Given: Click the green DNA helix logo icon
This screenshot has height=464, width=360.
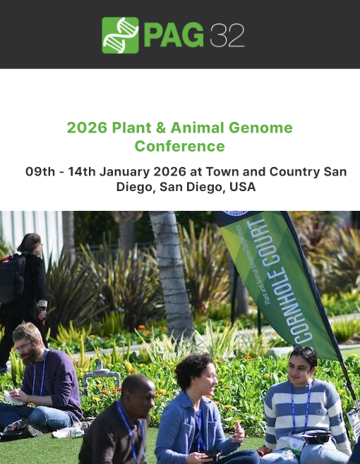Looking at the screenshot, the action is click(x=120, y=35).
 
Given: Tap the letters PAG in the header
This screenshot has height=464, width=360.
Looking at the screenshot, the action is click(x=174, y=35).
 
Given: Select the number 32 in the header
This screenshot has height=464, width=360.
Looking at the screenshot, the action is click(x=227, y=35).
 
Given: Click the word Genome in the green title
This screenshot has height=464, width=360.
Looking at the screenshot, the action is click(x=260, y=128).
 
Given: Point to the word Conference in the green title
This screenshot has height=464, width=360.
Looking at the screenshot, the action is click(x=180, y=146).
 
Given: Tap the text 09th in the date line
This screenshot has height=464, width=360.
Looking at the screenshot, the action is click(x=40, y=171).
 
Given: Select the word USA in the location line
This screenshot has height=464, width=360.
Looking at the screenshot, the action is click(x=243, y=187).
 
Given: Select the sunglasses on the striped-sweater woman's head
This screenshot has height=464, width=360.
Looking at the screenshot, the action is click(x=305, y=350).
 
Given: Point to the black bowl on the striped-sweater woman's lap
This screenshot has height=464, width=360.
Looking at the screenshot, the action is click(x=316, y=436).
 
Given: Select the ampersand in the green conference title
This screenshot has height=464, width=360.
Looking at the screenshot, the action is click(x=160, y=128).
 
